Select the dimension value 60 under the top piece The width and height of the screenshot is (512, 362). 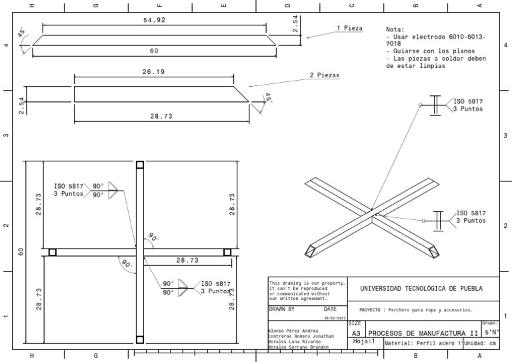tap(154, 51)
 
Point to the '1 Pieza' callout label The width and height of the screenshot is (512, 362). tap(350, 28)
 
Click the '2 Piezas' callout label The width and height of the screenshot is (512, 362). tap(325, 76)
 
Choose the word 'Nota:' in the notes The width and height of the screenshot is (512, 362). tap(395, 29)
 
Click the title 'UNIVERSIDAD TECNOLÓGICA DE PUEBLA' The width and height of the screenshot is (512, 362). tap(421, 288)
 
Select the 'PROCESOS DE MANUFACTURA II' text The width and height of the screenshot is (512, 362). tap(423, 333)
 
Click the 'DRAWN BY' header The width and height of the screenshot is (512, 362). tap(281, 309)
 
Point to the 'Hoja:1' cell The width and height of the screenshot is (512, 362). tap(365, 341)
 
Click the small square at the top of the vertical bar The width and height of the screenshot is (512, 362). tap(139, 165)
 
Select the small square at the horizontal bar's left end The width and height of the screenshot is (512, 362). tap(53, 252)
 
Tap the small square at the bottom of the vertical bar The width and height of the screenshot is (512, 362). tap(139, 338)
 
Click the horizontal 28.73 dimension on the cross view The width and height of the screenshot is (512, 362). tap(189, 261)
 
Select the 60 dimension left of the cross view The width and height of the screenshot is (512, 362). tap(21, 251)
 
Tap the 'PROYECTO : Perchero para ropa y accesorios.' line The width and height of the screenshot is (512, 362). tap(415, 310)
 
